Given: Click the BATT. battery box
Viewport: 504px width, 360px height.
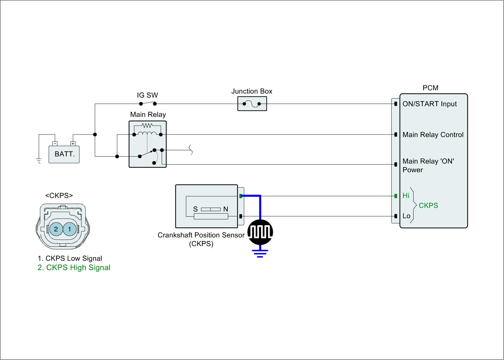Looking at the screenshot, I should (64, 154).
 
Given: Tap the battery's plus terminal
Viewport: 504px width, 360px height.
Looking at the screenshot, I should (73, 144).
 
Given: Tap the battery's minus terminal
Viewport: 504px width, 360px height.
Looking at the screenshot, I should (55, 144).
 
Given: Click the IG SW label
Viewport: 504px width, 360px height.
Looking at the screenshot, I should (147, 95).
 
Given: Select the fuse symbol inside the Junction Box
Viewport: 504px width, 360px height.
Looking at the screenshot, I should (252, 104).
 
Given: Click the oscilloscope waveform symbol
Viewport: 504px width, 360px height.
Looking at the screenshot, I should (260, 232).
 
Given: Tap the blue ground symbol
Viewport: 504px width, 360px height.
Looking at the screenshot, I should (260, 253).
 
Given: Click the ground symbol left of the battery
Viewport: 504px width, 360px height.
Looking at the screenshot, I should (39, 161).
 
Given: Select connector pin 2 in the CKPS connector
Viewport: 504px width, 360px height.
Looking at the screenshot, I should (56, 229).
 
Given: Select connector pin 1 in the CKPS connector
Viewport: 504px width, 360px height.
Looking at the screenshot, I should (70, 229).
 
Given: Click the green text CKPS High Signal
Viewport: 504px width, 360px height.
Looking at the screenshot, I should (74, 268).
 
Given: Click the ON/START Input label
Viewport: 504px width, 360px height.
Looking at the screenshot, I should (429, 104).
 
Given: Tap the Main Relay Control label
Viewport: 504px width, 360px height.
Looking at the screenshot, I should (433, 135).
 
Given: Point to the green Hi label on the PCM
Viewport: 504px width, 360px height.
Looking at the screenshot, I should (406, 196).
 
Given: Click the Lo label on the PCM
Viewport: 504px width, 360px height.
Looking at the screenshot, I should (406, 216).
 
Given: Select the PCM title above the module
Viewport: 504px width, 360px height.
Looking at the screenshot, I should (430, 88).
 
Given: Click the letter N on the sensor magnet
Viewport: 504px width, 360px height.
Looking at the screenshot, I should (226, 209).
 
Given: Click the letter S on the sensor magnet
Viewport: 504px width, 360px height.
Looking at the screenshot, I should (195, 209).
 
